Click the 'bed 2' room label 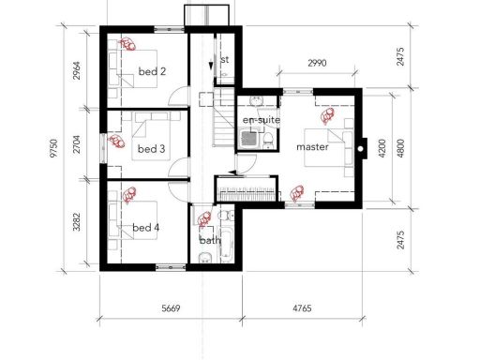pyautogui.click(x=151, y=71)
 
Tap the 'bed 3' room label pyautogui.click(x=151, y=149)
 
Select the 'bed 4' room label pyautogui.click(x=147, y=228)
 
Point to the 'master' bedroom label pyautogui.click(x=311, y=148)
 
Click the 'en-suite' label pyautogui.click(x=261, y=120)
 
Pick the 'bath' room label pyautogui.click(x=210, y=240)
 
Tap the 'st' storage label pyautogui.click(x=225, y=59)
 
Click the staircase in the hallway pyautogui.click(x=225, y=123)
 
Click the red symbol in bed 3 pyautogui.click(x=117, y=142)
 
